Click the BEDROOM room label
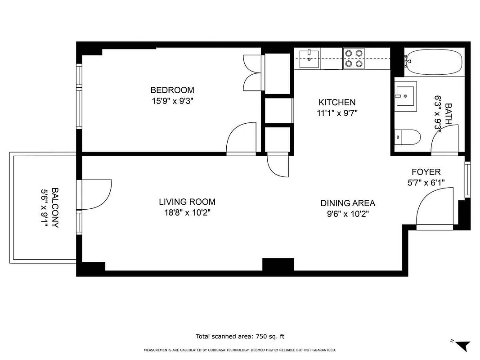pos(172,90)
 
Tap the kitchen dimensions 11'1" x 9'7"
pos(337,113)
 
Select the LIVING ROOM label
pos(187,202)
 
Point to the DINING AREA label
pos(348,203)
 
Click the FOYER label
pos(426,172)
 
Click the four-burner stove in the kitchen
pos(353,58)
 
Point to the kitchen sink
pos(309,58)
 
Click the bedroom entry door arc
pos(241,139)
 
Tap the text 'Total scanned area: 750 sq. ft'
pos(240,336)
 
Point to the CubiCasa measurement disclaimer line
pos(240,350)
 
